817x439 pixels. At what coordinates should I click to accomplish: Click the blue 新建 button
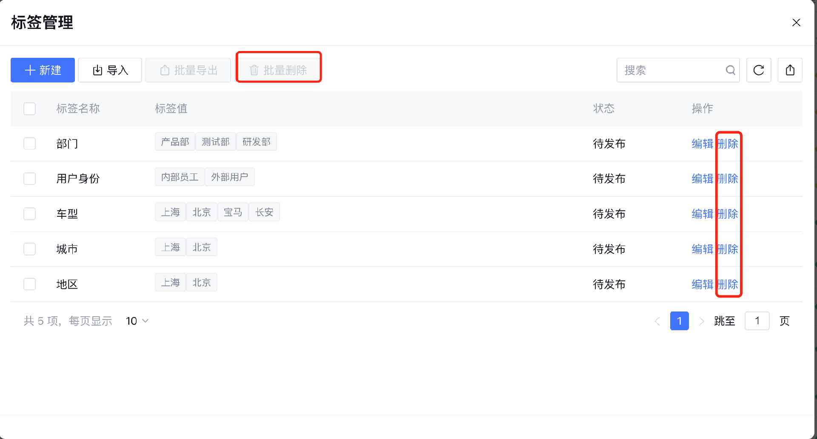43,70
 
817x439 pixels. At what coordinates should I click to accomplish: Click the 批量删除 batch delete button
278,70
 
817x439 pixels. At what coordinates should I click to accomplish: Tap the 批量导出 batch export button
188,70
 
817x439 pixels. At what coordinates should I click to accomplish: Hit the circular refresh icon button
759,70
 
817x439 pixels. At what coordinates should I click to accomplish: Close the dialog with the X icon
796,23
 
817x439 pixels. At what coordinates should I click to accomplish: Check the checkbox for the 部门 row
29,144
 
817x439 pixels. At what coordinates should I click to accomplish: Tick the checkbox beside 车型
29,214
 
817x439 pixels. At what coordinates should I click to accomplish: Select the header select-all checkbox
29,109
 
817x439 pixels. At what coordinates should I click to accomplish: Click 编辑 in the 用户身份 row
702,179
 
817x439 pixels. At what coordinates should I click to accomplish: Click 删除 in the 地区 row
728,284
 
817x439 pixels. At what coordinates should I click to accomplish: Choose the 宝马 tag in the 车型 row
233,212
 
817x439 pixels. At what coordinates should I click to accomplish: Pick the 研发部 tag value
256,142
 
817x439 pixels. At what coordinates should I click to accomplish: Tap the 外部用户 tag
229,177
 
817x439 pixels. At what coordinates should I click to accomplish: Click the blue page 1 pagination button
679,321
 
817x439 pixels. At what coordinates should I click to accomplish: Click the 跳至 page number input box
757,321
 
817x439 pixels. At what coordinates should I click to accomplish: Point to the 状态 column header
604,109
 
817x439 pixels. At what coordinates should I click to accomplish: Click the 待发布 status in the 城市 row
609,249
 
